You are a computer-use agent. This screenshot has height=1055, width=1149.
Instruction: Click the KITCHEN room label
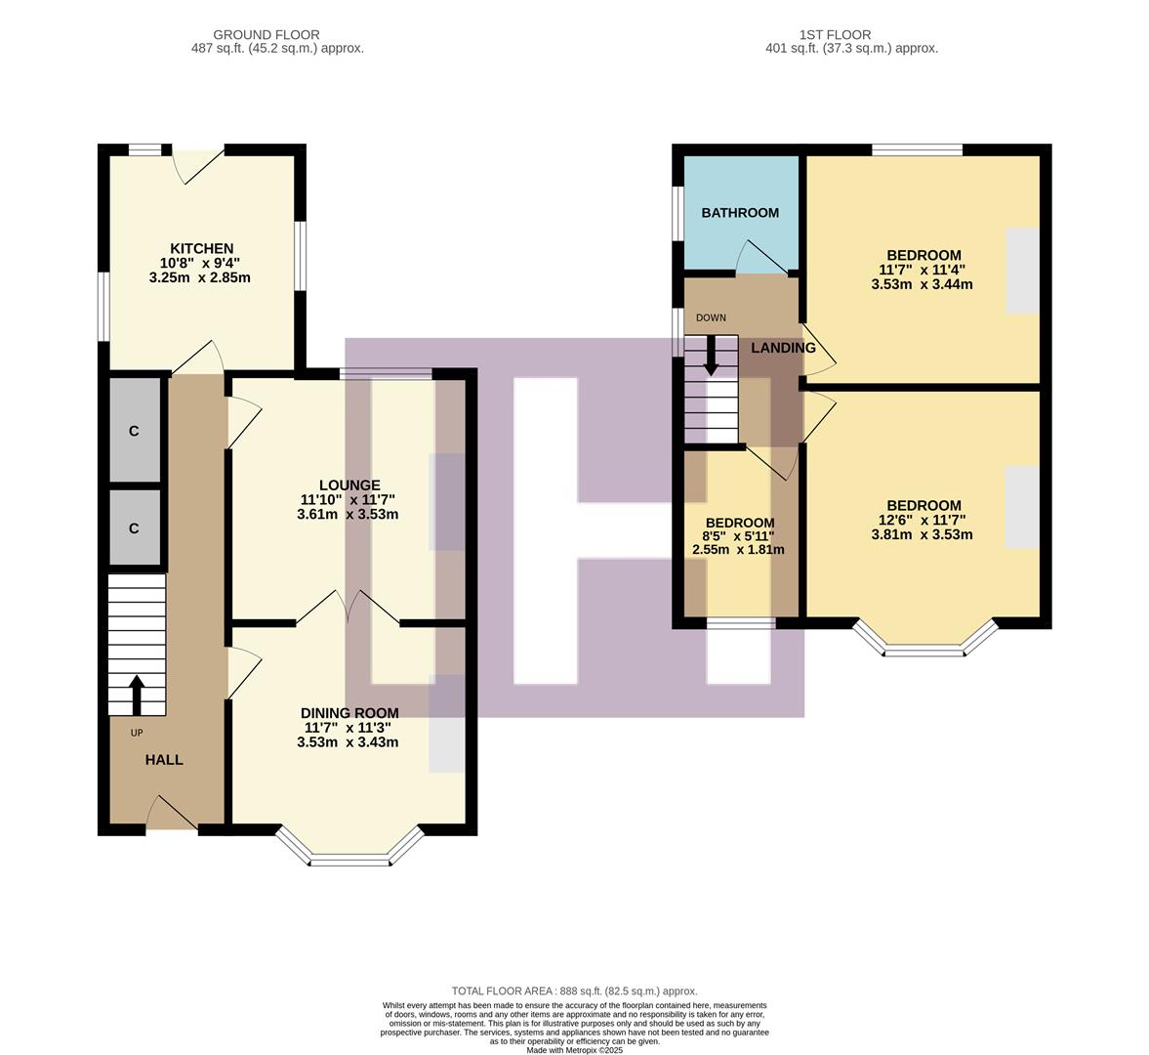pyautogui.click(x=201, y=248)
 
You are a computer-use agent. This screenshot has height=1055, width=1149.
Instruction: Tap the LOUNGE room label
pyautogui.click(x=349, y=485)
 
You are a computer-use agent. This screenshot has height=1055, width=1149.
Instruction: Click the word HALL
pyautogui.click(x=164, y=759)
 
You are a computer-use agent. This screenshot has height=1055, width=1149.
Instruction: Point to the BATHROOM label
pyautogui.click(x=740, y=212)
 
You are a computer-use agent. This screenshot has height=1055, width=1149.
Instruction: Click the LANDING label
pyautogui.click(x=783, y=348)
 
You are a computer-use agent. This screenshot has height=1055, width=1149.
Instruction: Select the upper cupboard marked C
pyautogui.click(x=134, y=430)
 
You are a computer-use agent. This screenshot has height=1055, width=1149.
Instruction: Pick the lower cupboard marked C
pyautogui.click(x=134, y=527)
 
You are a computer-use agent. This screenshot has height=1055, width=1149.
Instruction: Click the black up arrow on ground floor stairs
pyautogui.click(x=136, y=694)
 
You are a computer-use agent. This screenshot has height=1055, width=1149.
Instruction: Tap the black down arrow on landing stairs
pyautogui.click(x=711, y=356)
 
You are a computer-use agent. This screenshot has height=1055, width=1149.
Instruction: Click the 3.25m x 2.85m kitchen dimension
pyautogui.click(x=200, y=277)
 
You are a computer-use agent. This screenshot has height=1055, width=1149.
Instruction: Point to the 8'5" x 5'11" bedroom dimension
pyautogui.click(x=739, y=535)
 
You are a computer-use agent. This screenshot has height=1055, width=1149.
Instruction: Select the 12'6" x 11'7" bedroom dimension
pyautogui.click(x=922, y=520)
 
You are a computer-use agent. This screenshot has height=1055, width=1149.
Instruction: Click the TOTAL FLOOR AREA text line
pyautogui.click(x=574, y=991)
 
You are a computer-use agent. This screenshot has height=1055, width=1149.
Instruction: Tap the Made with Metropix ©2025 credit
pyautogui.click(x=574, y=1050)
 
